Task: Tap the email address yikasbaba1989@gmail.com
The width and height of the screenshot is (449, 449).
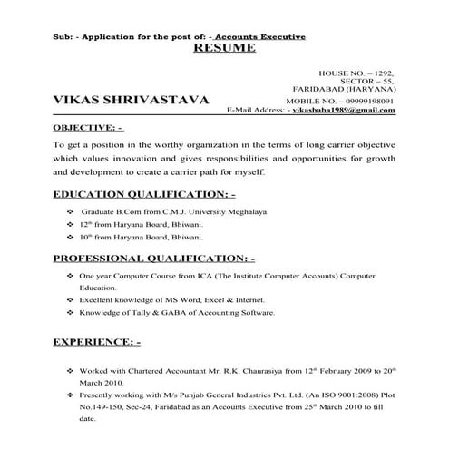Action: coord(347,110)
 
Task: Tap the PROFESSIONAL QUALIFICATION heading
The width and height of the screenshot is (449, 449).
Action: coord(160,258)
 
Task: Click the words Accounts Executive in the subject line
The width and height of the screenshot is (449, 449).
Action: coord(264,35)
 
